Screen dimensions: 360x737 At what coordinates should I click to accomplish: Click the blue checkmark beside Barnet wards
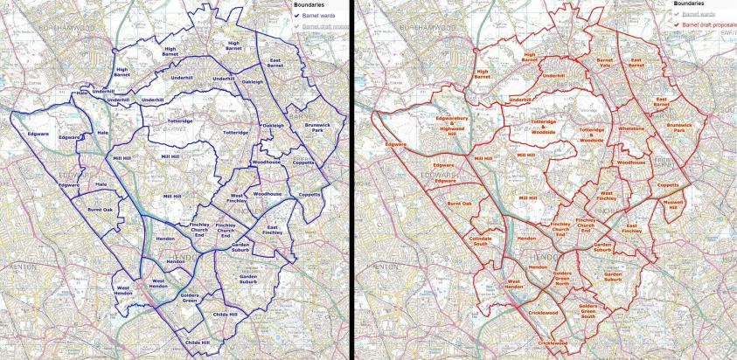click(296, 14)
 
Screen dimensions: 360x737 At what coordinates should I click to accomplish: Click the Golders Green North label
click(562, 280)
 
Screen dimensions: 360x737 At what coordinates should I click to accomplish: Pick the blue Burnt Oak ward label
click(100, 210)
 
